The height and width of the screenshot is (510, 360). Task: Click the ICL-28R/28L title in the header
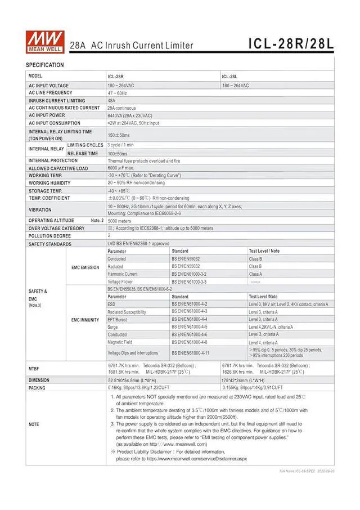pyautogui.click(x=291, y=44)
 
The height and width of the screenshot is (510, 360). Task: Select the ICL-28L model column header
pyautogui.click(x=229, y=77)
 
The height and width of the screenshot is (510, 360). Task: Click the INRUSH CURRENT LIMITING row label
pyautogui.click(x=57, y=101)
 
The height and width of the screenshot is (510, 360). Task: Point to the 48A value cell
pyautogui.click(x=111, y=101)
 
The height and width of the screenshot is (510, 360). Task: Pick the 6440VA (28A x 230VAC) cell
pyautogui.click(x=129, y=115)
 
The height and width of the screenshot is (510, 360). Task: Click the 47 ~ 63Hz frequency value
pyautogui.click(x=117, y=93)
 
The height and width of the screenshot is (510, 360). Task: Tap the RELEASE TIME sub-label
pyautogui.click(x=83, y=153)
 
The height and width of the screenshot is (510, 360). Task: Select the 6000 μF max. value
pyautogui.click(x=121, y=168)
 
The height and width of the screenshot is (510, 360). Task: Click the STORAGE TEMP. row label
pyautogui.click(x=46, y=191)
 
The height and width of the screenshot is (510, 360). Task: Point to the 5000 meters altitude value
pyautogui.click(x=120, y=221)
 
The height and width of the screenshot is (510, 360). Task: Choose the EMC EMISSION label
pyautogui.click(x=85, y=267)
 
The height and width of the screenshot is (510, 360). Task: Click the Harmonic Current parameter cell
pyautogui.click(x=123, y=274)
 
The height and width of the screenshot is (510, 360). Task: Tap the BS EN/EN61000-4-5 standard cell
pyautogui.click(x=190, y=326)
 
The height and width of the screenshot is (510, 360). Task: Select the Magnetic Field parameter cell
pyautogui.click(x=120, y=342)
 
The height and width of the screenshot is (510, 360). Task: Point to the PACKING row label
pyautogui.click(x=37, y=388)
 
